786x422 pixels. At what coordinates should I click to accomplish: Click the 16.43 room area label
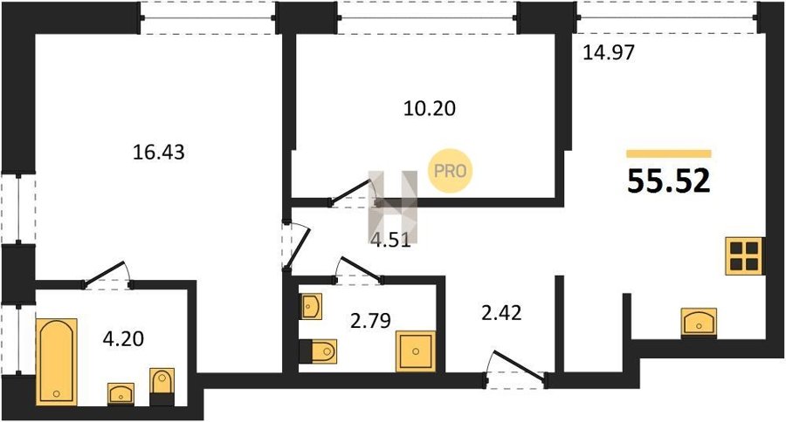coord(158,152)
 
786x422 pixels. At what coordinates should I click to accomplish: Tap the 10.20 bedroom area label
coord(430,108)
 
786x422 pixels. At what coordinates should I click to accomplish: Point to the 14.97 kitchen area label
coord(609,52)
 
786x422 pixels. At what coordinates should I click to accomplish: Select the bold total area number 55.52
coord(669,180)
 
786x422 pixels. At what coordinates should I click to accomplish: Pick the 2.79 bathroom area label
coord(370,320)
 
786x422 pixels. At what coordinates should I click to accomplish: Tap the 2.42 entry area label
coord(501,313)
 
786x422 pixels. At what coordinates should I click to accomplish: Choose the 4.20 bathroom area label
coord(123,339)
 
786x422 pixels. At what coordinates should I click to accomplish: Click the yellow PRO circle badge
coord(450,171)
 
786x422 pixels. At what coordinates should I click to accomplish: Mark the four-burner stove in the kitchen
coord(744,255)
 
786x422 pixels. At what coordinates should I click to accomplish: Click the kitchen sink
coord(699,322)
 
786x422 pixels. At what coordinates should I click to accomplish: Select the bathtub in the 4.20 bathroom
coord(57,361)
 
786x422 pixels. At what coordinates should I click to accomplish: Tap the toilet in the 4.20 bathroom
coord(162,386)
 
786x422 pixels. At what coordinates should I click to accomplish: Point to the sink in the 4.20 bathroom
coord(121,393)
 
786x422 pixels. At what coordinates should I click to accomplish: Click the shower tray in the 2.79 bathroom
coord(416,351)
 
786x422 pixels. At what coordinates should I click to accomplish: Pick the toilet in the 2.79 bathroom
coord(318,351)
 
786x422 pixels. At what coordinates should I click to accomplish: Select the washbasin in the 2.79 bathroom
coord(311,306)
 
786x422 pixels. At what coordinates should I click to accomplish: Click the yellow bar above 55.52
coord(669,153)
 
